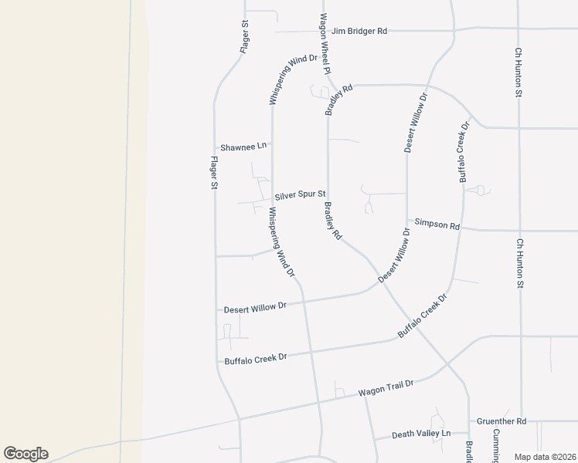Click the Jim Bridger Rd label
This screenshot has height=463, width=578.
(x=359, y=32)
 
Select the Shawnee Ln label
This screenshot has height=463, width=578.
(x=243, y=146)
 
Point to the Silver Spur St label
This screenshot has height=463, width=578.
(x=300, y=194)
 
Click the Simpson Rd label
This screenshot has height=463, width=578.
(x=437, y=225)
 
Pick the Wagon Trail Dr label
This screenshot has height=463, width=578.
(x=386, y=388)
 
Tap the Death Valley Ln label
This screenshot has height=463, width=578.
(x=420, y=434)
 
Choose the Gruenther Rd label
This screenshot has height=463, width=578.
(x=501, y=421)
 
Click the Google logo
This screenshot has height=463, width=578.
(x=25, y=454)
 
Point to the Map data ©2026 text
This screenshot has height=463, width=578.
(x=545, y=457)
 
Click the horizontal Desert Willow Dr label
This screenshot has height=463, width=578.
(x=255, y=307)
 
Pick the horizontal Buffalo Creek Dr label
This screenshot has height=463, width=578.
(x=255, y=359)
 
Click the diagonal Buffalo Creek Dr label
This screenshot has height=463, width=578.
(x=423, y=316)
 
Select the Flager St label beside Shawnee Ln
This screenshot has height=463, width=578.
(x=213, y=173)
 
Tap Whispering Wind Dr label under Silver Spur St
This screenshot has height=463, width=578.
(x=280, y=242)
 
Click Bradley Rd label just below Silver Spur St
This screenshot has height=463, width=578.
(x=333, y=221)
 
